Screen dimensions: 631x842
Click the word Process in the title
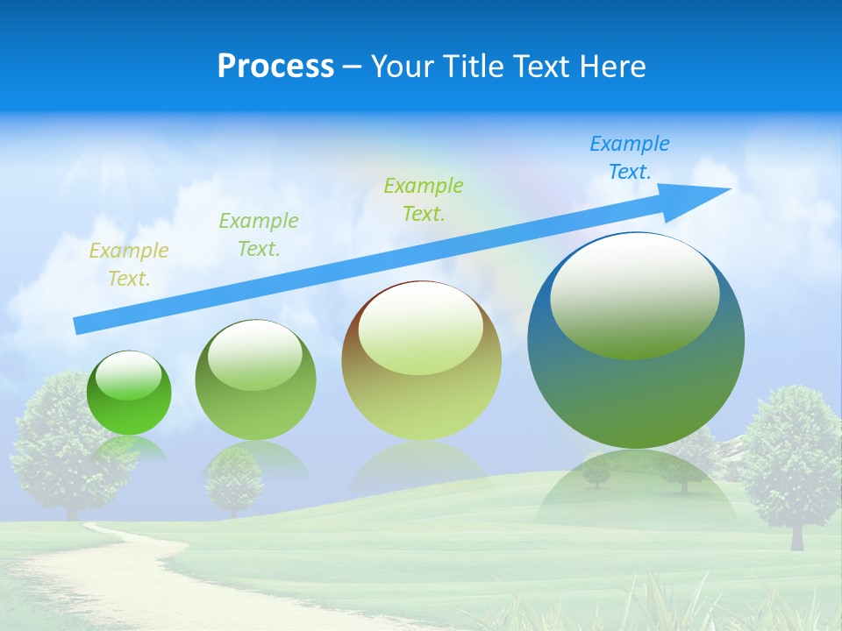275,67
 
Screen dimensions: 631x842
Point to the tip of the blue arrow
728,189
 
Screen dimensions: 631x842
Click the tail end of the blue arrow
77,326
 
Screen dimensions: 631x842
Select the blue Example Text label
629,158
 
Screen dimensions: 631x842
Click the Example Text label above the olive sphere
423,199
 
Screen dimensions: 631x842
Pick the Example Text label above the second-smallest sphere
258,235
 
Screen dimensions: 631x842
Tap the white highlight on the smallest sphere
128,375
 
